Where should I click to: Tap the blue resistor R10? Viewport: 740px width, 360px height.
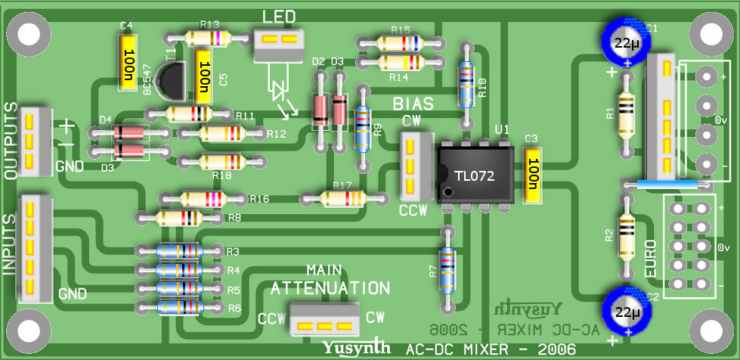(x=467, y=85)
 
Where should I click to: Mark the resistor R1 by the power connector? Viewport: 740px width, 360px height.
(x=626, y=114)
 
